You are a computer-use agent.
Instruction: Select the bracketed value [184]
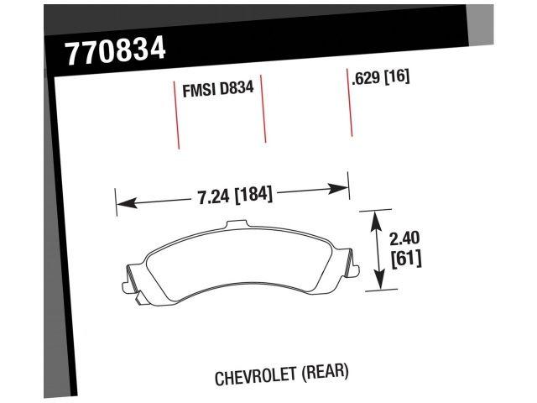(253, 195)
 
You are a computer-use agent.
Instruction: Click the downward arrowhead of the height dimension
(380, 283)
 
